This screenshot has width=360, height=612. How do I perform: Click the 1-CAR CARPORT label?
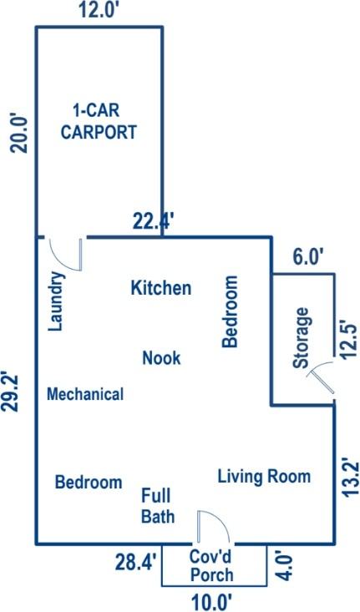99,121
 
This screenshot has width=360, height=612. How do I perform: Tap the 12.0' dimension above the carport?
99,9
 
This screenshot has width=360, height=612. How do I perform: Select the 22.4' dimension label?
153,222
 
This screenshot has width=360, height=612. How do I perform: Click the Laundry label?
56,301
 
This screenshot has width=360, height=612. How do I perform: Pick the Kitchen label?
161,288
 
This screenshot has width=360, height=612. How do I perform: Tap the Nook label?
161,357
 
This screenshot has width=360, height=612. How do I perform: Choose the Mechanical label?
85,394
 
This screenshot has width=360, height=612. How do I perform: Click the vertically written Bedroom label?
230,311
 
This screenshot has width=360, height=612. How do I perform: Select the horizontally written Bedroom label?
89,482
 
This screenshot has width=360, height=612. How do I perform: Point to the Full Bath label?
157,506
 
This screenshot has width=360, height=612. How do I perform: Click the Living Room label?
264,477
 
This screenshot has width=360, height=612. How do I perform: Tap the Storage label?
302,338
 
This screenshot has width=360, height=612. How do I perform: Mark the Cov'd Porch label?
211,565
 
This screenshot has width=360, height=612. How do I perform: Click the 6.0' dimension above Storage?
308,258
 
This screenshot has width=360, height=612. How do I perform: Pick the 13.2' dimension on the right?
350,477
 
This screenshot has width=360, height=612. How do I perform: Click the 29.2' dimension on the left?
10,392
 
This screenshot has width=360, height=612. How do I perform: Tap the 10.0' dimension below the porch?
212,602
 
